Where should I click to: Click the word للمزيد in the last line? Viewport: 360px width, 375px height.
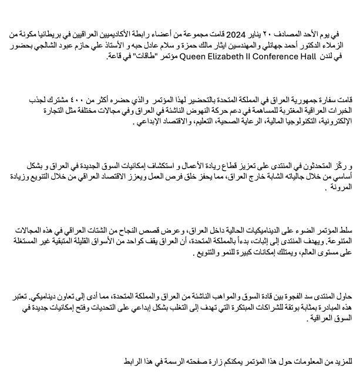(344, 360)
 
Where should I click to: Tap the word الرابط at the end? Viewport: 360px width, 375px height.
(137, 360)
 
